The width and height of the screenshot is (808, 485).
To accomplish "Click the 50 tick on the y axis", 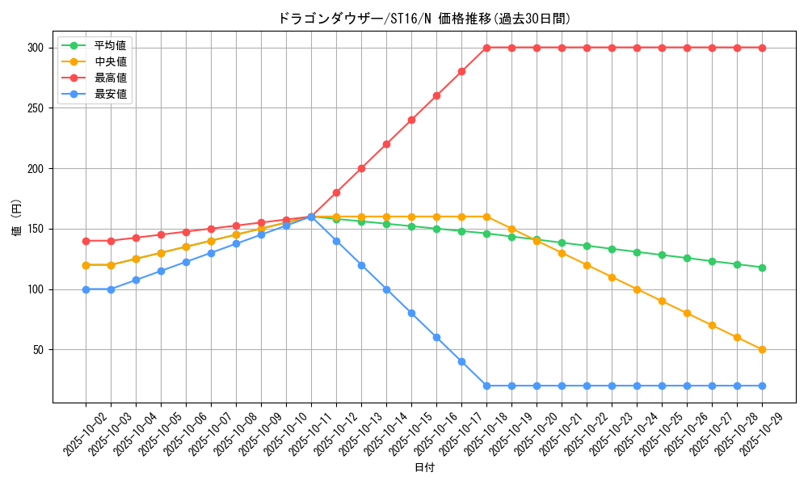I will [x=37, y=350].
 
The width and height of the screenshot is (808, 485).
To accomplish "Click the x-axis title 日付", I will [x=424, y=468].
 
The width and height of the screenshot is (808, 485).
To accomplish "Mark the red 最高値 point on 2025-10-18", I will [x=486, y=48].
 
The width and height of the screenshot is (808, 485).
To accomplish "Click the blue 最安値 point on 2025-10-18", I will [x=486, y=386].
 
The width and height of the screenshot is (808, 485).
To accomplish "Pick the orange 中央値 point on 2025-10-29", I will [x=762, y=350].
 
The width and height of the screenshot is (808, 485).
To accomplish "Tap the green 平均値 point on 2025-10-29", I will [x=762, y=268].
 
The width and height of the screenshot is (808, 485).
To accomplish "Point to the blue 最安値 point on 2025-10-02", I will [x=86, y=289].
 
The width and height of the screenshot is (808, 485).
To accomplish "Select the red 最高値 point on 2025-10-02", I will [x=86, y=241].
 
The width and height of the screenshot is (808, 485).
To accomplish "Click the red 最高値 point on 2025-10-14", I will [x=386, y=144].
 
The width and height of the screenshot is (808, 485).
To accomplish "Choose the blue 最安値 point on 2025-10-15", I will [x=411, y=314].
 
